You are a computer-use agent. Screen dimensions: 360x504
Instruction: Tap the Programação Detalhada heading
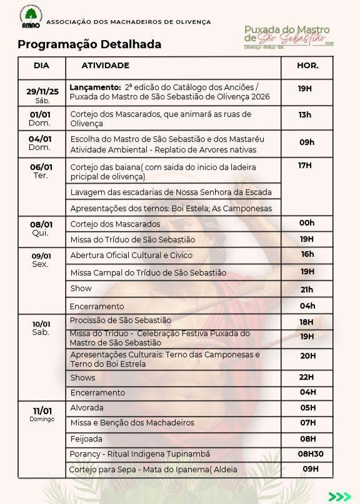[89, 44]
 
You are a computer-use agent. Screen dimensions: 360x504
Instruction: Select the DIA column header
[41, 66]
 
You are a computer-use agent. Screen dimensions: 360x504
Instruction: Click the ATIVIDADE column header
[106, 66]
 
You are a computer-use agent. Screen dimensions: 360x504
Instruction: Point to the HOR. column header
[308, 66]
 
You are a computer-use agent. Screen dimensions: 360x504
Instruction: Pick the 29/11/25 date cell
[42, 94]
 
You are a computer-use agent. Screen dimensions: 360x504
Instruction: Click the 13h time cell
[305, 115]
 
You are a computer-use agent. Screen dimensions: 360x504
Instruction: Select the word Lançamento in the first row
[95, 88]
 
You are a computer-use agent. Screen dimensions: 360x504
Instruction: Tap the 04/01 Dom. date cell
[40, 143]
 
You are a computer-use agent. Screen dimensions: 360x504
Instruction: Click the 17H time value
[305, 166]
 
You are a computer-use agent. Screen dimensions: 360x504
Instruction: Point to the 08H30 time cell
[311, 454]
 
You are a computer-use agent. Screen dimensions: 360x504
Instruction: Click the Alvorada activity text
[87, 407]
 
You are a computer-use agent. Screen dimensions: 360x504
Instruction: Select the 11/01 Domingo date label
[42, 414]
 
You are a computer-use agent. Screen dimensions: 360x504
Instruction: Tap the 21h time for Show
[307, 290]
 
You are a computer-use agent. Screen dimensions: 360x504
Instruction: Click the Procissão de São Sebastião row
[121, 320]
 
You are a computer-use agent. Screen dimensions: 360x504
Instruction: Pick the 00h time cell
[307, 223]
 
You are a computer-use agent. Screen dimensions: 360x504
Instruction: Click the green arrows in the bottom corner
[339, 496]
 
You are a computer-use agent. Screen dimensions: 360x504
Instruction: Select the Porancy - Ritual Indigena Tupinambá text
[140, 453]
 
